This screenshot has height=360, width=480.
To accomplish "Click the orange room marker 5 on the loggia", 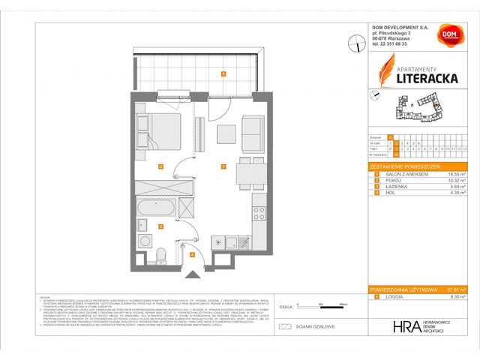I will pyautogui.click(x=223, y=73).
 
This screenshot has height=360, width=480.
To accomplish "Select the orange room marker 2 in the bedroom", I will pyautogui.click(x=160, y=166).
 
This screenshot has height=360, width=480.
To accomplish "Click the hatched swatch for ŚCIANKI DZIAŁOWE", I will pyautogui.click(x=283, y=326).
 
